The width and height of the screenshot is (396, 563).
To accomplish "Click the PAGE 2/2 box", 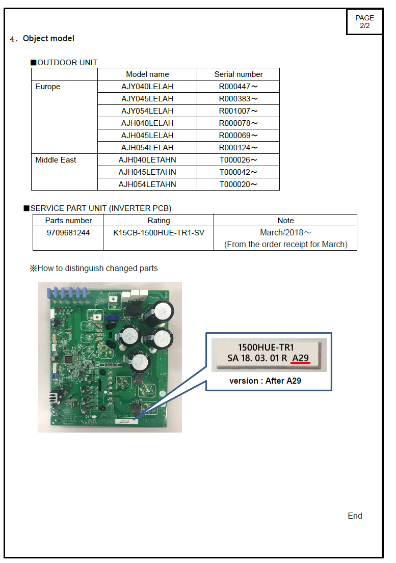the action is [x=364, y=21].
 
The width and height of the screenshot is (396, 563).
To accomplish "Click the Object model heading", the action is [x=48, y=38].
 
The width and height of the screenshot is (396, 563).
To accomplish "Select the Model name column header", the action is [x=147, y=74].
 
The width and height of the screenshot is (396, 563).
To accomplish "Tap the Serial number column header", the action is [x=239, y=74].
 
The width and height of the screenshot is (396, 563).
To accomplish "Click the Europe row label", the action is [x=48, y=87].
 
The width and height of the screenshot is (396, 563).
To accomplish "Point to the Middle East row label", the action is [x=56, y=160].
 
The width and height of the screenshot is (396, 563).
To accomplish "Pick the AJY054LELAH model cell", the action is [x=147, y=111].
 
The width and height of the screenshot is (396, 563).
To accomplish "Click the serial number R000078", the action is [x=239, y=123].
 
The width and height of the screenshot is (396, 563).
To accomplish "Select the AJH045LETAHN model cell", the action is [x=147, y=172].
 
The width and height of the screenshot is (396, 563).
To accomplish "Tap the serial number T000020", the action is [x=239, y=184].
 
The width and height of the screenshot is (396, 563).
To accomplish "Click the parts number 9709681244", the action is [x=68, y=233].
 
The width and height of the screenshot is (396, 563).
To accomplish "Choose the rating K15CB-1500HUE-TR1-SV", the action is [x=159, y=233].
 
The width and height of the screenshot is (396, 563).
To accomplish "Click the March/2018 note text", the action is [x=285, y=233].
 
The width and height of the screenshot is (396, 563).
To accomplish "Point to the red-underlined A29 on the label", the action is [x=301, y=358].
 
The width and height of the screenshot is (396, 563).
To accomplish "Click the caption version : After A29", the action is [x=266, y=381].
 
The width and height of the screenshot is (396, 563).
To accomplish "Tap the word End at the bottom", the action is [x=355, y=516].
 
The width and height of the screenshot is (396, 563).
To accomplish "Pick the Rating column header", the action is [x=159, y=221].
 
